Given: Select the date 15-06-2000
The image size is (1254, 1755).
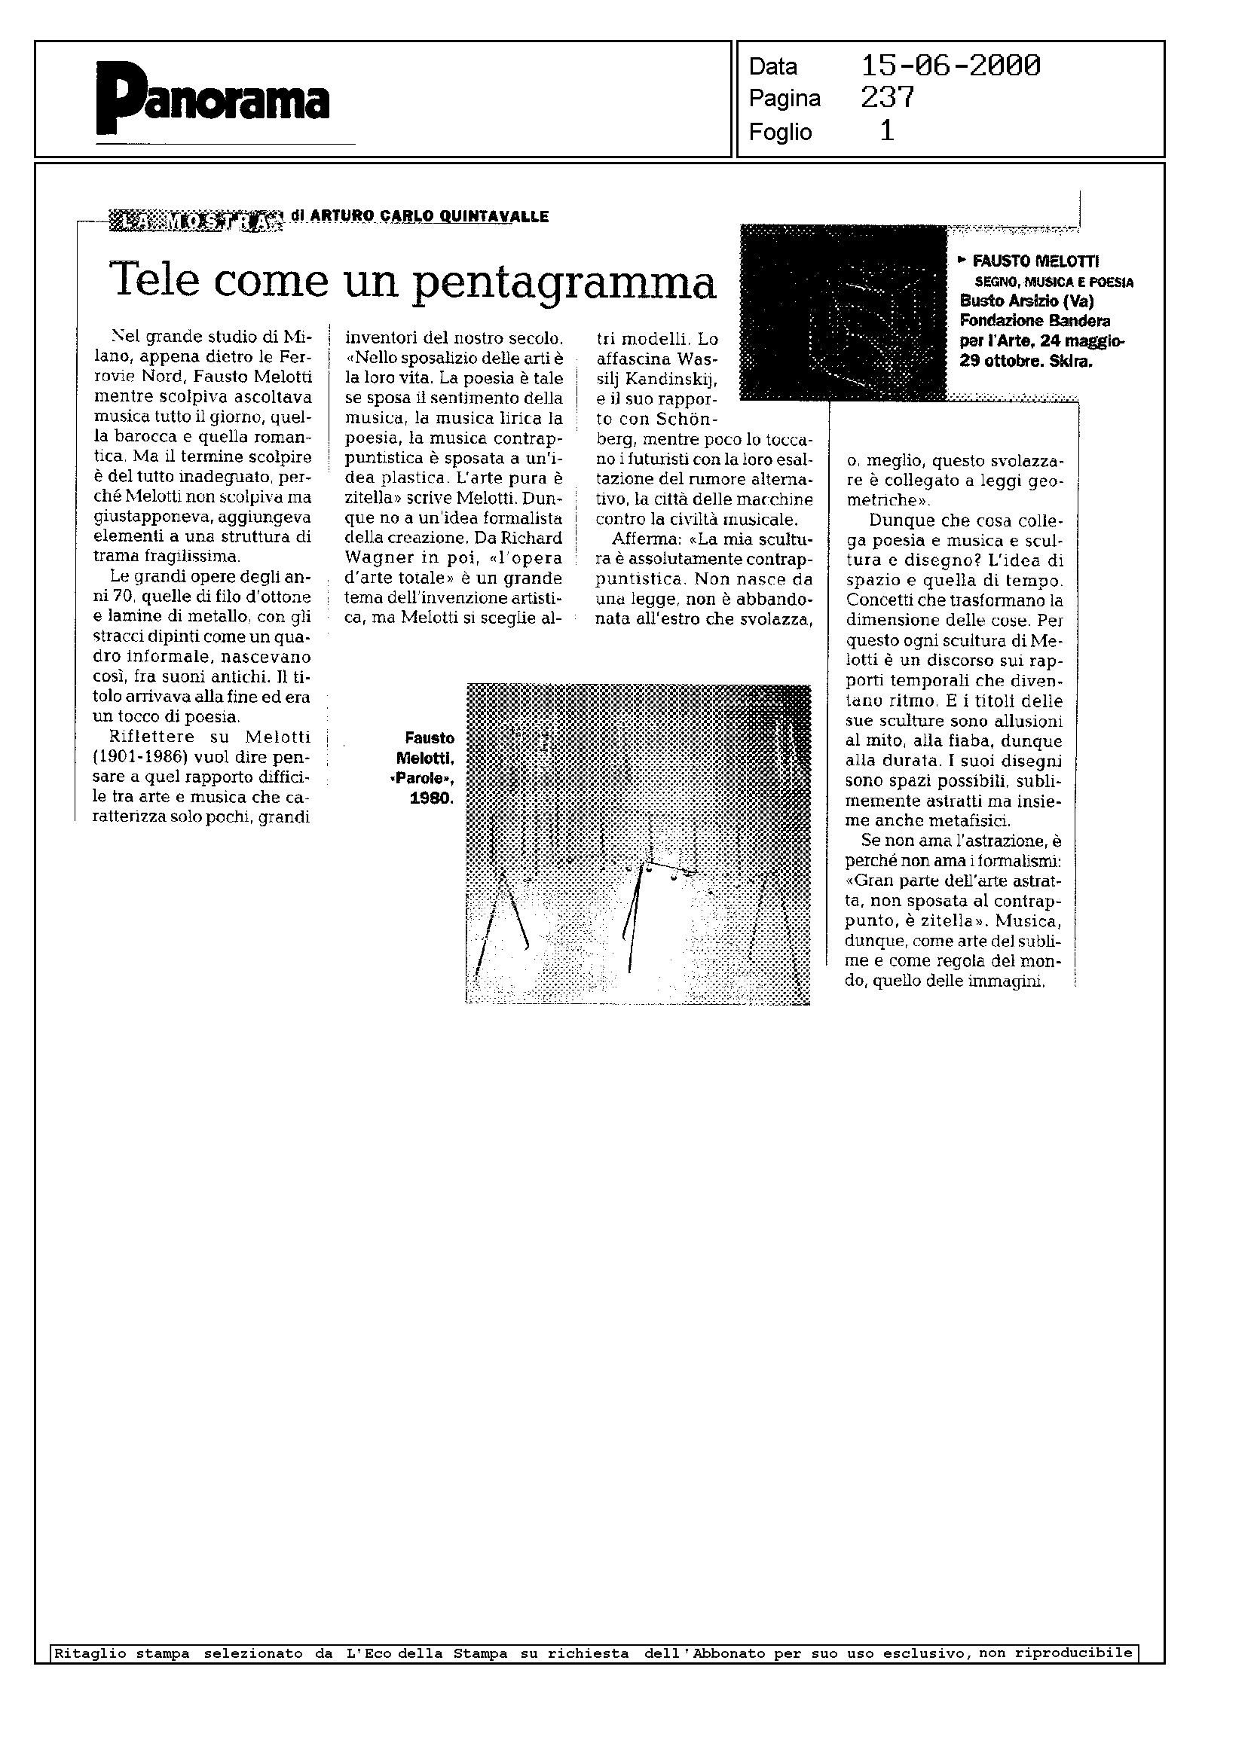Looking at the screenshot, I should pyautogui.click(x=950, y=66).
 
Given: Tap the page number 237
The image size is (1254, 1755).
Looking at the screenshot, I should pyautogui.click(x=887, y=97).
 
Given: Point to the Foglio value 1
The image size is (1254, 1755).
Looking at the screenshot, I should pyautogui.click(x=887, y=131).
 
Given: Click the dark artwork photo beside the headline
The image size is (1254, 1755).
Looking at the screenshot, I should pyautogui.click(x=843, y=312).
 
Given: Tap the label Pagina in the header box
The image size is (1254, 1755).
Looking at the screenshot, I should pyautogui.click(x=784, y=99).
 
